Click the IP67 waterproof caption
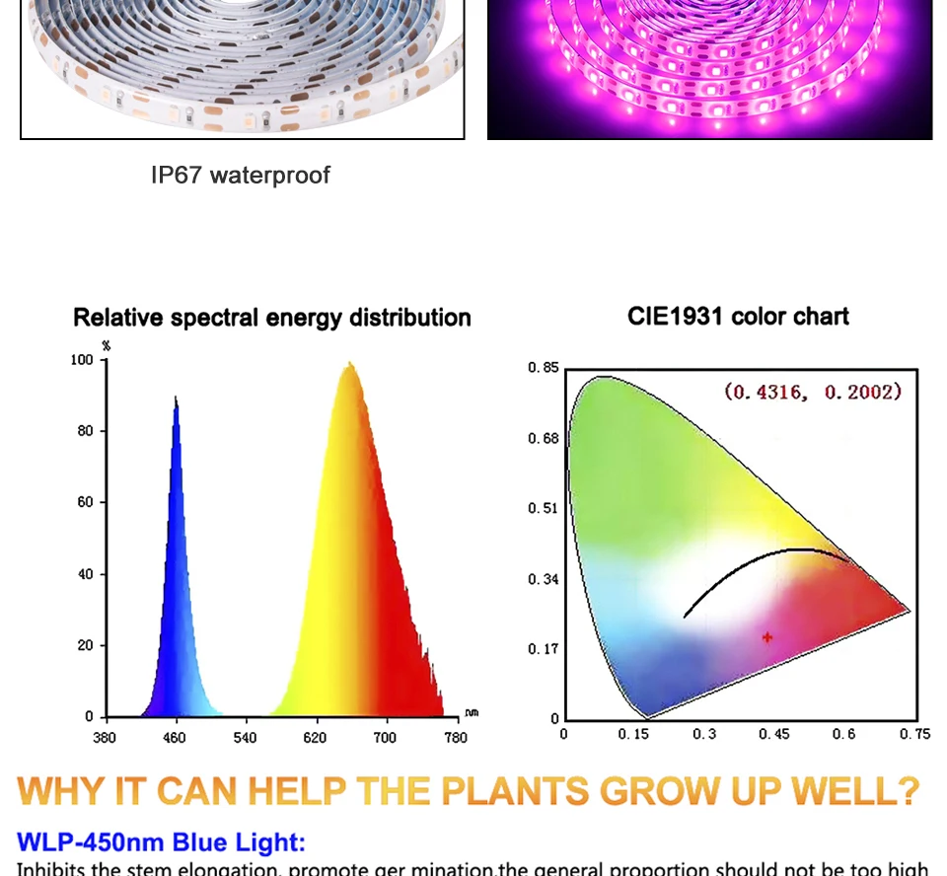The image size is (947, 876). pyautogui.click(x=241, y=176)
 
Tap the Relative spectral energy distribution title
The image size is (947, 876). pyautogui.click(x=272, y=318)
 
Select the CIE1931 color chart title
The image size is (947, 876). pyautogui.click(x=738, y=317)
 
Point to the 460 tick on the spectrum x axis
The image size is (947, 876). pyautogui.click(x=175, y=737)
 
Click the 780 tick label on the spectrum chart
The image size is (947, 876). pyautogui.click(x=456, y=737)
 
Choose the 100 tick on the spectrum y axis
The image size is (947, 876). pyautogui.click(x=82, y=360)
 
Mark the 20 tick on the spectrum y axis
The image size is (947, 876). pyautogui.click(x=87, y=645)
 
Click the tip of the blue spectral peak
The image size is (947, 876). pyautogui.click(x=176, y=398)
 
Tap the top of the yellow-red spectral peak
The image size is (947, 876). pyautogui.click(x=349, y=365)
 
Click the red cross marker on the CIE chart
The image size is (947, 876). pyautogui.click(x=767, y=637)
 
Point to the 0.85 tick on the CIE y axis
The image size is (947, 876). pyautogui.click(x=544, y=368)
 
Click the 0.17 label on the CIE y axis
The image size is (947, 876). pyautogui.click(x=544, y=649)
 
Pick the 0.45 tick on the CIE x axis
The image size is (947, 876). pyautogui.click(x=774, y=734)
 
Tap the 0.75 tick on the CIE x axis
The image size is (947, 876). pyautogui.click(x=914, y=734)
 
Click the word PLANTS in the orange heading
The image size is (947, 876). pyautogui.click(x=513, y=792)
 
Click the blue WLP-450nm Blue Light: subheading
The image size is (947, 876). pyautogui.click(x=162, y=842)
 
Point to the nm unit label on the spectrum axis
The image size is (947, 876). pyautogui.click(x=472, y=712)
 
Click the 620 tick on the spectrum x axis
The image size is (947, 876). pyautogui.click(x=315, y=737)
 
